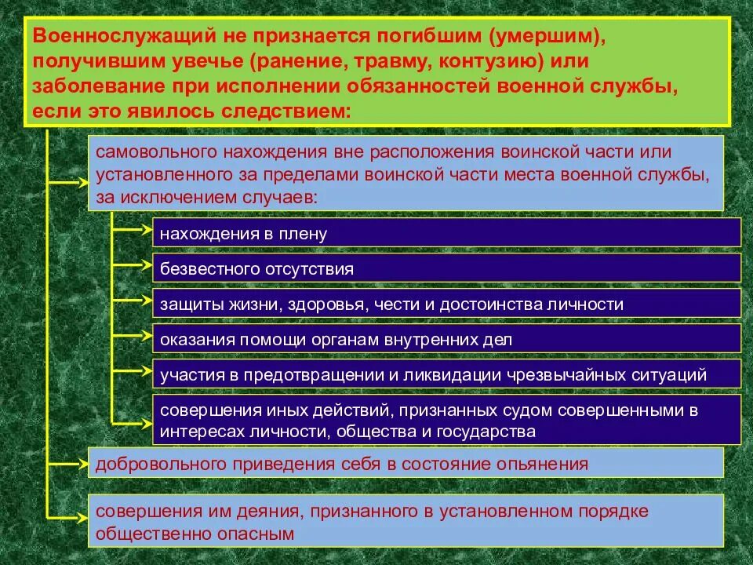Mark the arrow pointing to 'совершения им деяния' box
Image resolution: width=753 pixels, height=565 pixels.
[67, 516]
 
